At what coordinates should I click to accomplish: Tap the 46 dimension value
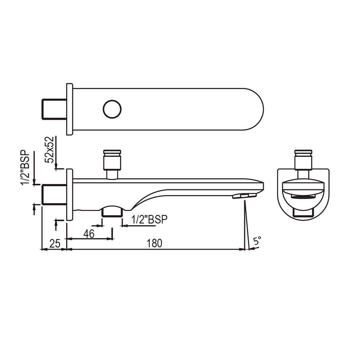point(89,234)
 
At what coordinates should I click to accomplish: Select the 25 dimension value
point(54,244)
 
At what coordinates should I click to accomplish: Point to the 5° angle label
point(257,241)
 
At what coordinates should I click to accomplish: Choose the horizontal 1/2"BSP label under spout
point(150,220)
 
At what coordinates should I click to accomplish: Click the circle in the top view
point(112,109)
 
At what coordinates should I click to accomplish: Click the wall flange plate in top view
point(69,109)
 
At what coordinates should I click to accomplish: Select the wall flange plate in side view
point(69,194)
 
